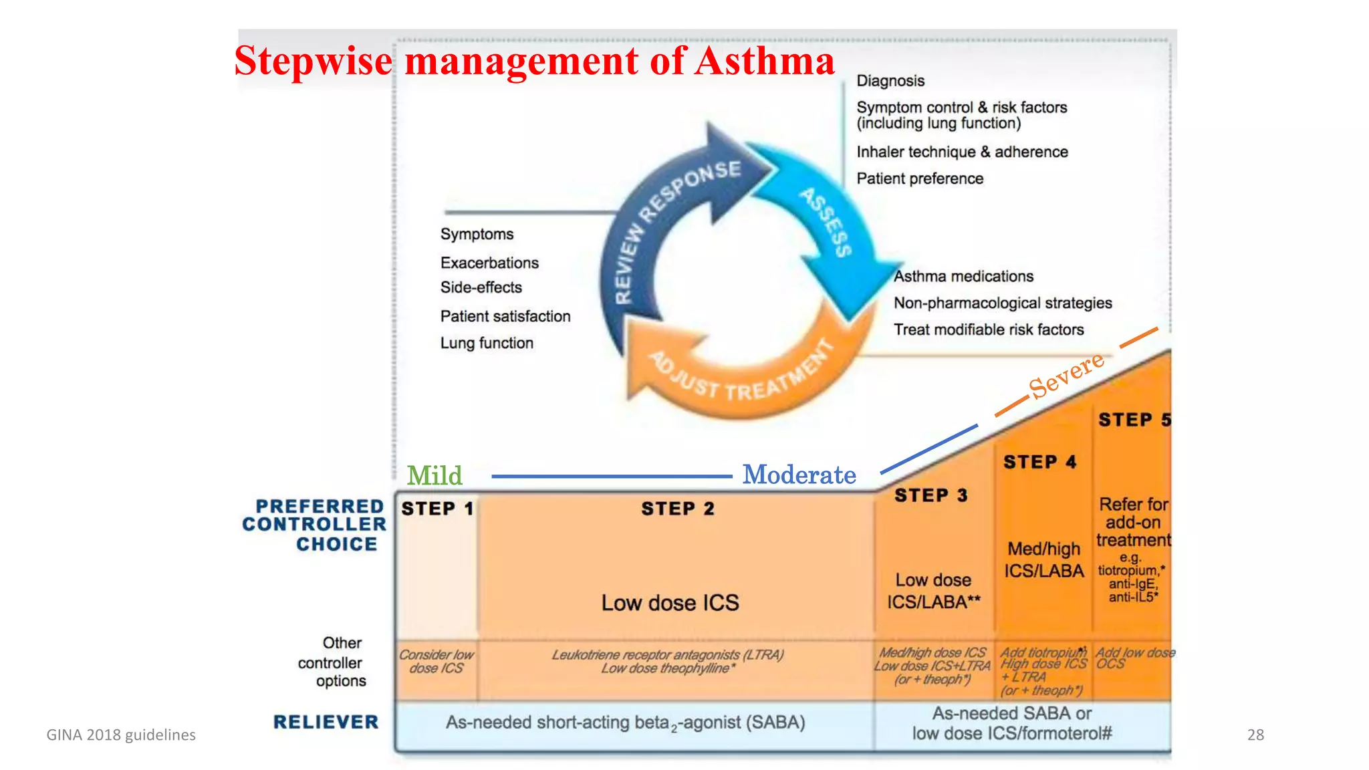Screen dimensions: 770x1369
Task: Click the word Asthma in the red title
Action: point(765,61)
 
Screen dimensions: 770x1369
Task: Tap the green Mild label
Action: point(434,475)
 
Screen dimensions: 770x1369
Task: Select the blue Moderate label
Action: point(799,475)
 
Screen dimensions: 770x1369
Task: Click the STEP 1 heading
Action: point(437,509)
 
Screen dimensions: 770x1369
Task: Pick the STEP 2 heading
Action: point(677,509)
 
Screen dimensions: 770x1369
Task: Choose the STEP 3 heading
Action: point(930,495)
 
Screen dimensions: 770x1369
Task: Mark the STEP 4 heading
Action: point(1039,462)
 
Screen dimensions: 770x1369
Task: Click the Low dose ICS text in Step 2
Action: point(670,603)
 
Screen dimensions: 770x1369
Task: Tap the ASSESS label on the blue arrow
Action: point(828,222)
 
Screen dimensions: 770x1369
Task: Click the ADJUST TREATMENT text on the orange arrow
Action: point(742,374)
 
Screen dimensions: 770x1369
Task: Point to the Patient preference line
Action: point(920,178)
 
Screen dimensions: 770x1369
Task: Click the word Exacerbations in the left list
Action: point(489,263)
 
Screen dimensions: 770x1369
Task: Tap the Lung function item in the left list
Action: point(487,343)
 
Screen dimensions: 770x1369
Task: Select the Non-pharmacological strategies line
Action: point(1003,303)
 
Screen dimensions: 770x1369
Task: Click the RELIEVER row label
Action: point(326,722)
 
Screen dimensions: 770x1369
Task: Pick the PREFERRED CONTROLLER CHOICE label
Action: point(315,525)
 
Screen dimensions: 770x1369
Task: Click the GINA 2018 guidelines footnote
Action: point(121,735)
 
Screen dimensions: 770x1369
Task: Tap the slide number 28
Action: point(1255,735)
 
